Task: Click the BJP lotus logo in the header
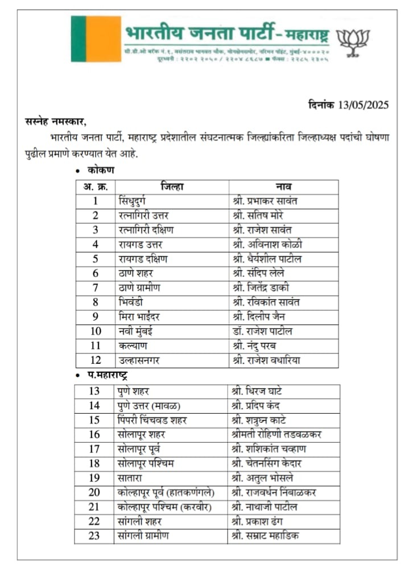point(353,41)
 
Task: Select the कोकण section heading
point(101,170)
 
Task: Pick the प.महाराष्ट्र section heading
point(107,375)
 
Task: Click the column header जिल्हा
point(172,186)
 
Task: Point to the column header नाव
point(284,186)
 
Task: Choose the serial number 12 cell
point(96,360)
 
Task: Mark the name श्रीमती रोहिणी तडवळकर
point(277,434)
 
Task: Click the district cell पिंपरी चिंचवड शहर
point(153,420)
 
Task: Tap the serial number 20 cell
point(94,492)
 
